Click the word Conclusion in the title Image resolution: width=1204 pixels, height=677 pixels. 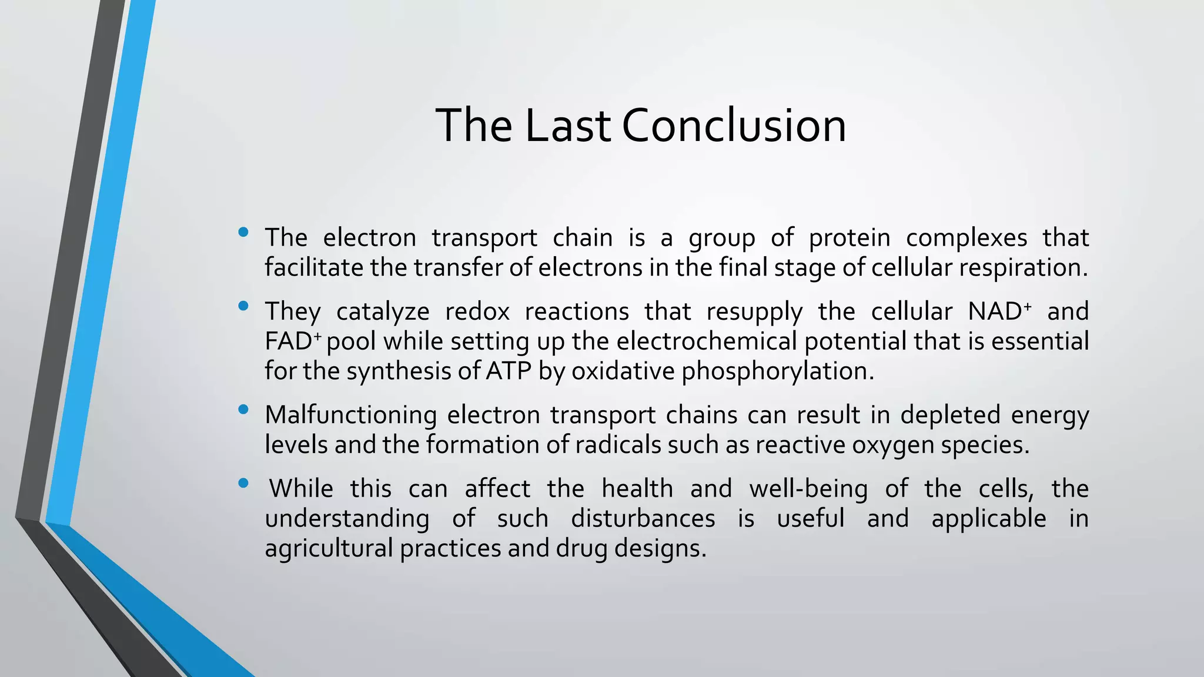(734, 126)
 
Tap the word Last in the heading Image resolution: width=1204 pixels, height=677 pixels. (567, 126)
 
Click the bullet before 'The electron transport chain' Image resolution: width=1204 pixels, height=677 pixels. (243, 233)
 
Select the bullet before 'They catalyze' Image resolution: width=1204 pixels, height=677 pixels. (243, 306)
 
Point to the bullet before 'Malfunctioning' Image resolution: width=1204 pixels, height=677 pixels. (243, 410)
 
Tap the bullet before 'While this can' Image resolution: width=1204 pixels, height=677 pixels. (243, 484)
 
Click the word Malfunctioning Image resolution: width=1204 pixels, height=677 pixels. (350, 415)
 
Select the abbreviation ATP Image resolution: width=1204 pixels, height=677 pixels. (509, 371)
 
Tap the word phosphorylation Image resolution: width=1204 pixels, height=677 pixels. (777, 371)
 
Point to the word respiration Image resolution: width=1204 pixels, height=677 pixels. (1023, 268)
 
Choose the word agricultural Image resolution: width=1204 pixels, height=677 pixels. (329, 549)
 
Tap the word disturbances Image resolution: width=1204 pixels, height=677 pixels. (643, 519)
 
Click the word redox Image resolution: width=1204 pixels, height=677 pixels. (477, 311)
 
